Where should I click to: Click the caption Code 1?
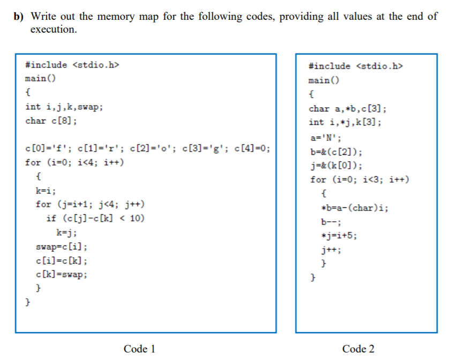click(139, 349)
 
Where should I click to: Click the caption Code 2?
click(358, 349)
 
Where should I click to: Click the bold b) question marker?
click(19, 16)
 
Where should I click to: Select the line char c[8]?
click(50, 121)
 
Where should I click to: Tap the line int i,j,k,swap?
click(64, 107)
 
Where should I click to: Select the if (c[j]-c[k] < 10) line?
click(95, 219)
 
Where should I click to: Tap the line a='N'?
click(326, 136)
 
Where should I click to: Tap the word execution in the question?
click(53, 29)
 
